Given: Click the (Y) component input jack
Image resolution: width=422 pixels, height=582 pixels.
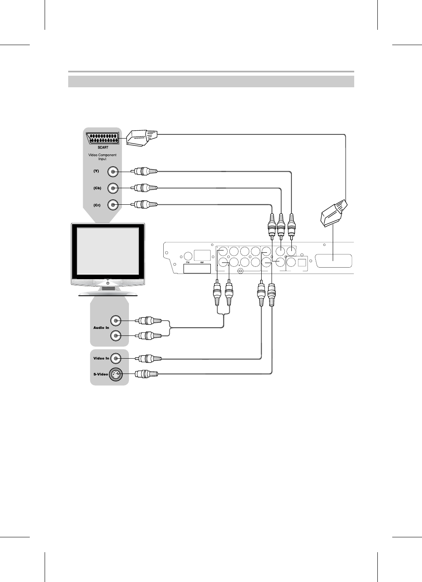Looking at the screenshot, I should tap(113, 171).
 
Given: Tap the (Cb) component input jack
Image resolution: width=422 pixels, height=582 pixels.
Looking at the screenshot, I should tap(113, 188).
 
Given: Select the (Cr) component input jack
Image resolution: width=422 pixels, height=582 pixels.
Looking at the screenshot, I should tap(113, 205).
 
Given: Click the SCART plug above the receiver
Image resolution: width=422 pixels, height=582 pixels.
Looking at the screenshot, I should tap(334, 213).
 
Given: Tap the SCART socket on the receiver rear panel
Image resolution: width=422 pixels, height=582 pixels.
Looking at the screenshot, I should tap(334, 261).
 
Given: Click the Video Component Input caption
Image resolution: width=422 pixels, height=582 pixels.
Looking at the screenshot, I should tap(103, 157).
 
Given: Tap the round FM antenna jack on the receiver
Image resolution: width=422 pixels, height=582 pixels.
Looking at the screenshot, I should tap(188, 256).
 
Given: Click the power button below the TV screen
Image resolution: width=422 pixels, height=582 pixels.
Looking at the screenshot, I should tap(108, 283).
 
